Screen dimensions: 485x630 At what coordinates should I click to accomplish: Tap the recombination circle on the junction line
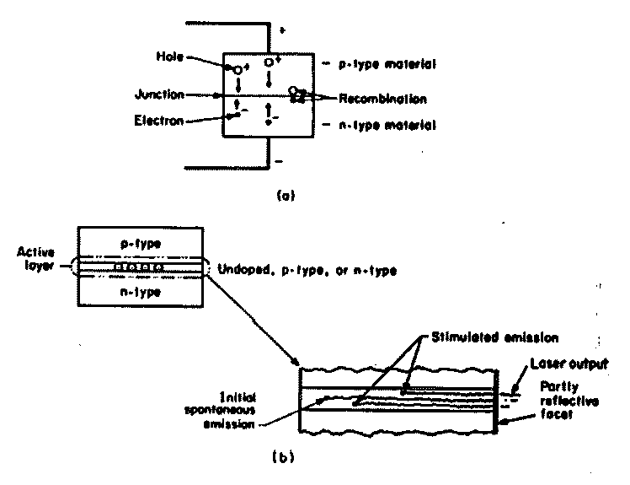coord(293,90)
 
